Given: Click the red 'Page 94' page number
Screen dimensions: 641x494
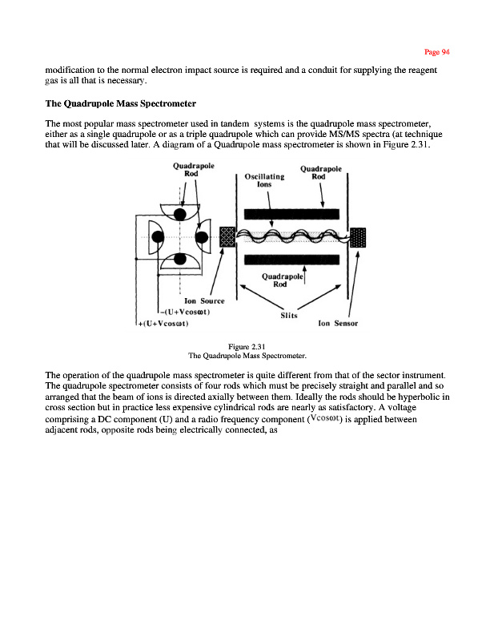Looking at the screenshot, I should point(438,52).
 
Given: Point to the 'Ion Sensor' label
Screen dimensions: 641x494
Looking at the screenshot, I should point(337,325).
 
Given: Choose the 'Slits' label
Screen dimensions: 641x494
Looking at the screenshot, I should point(288,315).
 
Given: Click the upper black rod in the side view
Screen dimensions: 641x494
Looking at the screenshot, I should point(293,214).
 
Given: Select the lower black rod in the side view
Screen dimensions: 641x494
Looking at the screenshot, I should point(293,260).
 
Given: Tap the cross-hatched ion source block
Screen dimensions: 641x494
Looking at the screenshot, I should point(227,237).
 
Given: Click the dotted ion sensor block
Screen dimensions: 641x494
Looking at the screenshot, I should point(358,238).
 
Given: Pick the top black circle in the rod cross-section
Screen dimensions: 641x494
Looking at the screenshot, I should point(181,214).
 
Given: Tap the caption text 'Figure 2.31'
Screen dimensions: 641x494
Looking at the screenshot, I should point(247,346).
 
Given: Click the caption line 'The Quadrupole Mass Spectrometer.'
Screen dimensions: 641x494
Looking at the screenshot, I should point(247,355).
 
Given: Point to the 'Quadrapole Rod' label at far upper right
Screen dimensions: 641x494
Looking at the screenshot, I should point(321,173).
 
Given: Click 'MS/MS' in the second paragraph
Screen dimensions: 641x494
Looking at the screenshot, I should point(327,133).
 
